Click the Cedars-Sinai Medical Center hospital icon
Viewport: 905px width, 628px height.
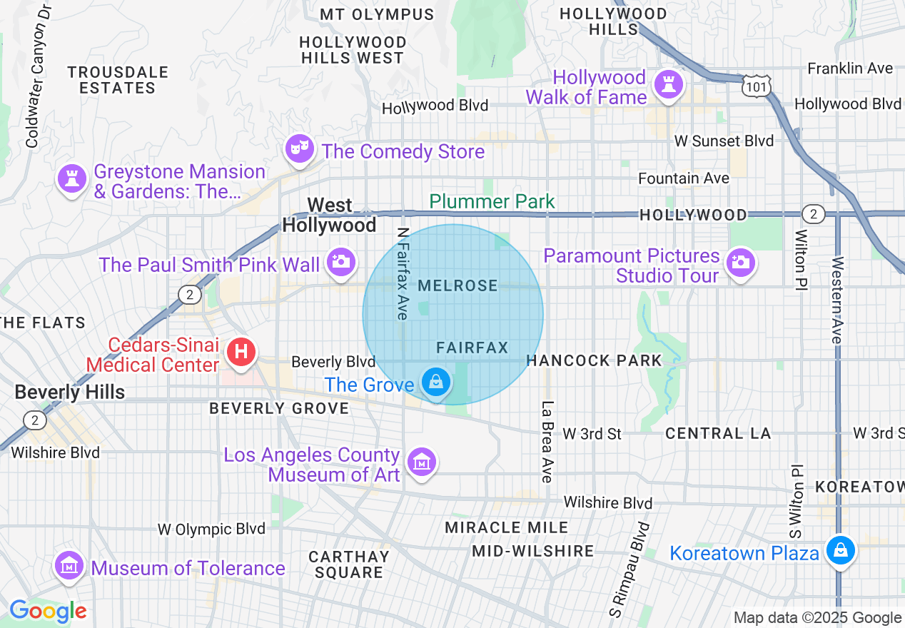coord(241,351)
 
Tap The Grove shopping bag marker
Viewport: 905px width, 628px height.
coord(435,383)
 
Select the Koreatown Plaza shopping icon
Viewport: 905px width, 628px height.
coord(841,550)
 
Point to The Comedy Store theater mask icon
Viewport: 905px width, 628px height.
coord(298,148)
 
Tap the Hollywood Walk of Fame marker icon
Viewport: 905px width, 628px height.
coord(669,85)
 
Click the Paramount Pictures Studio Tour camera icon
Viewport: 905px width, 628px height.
coord(741,263)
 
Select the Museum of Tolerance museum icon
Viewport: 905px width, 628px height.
coord(69,566)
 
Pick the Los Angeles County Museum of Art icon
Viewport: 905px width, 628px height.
coord(422,462)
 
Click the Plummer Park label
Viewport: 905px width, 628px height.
coord(492,202)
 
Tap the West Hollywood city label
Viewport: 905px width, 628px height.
coord(329,216)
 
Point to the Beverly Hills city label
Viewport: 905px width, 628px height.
coord(69,392)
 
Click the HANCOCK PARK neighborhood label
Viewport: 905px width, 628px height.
coord(594,361)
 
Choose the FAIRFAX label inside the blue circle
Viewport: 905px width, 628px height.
coord(472,348)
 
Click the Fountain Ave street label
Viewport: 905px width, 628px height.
coord(683,178)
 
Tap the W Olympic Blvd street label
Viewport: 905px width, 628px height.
coord(211,529)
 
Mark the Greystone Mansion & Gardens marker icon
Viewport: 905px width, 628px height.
coord(71,178)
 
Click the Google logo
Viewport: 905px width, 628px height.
coord(47,612)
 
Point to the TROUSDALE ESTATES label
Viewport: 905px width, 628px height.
coord(118,80)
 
